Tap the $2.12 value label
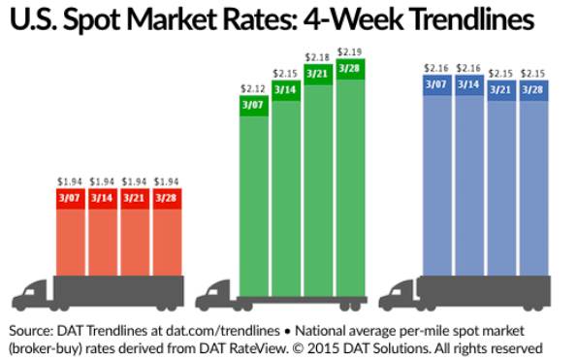click(252, 89)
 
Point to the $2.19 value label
click(350, 49)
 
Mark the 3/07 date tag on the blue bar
click(438, 85)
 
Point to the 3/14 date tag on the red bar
click(102, 198)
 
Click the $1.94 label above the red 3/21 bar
click(134, 181)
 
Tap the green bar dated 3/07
click(252, 194)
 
